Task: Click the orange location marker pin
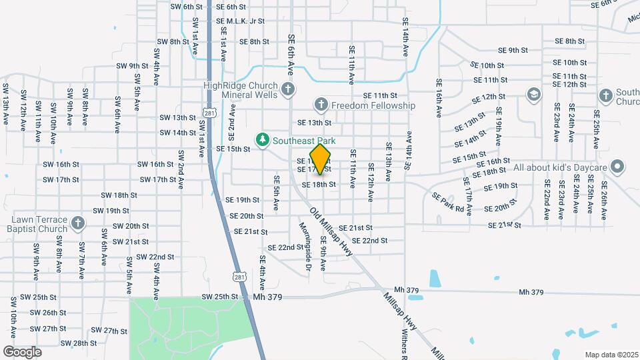(x=320, y=159)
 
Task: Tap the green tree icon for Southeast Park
(x=263, y=140)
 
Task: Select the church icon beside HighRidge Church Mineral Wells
(x=288, y=89)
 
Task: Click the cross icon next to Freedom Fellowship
(x=321, y=105)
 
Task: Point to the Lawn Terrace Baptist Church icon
(x=78, y=223)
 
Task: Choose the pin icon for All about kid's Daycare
(x=617, y=166)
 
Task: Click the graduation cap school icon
(x=533, y=94)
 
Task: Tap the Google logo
(x=22, y=351)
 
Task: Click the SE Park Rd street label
(x=447, y=202)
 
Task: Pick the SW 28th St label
(x=79, y=343)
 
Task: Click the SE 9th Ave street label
(x=323, y=253)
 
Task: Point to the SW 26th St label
(x=40, y=313)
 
